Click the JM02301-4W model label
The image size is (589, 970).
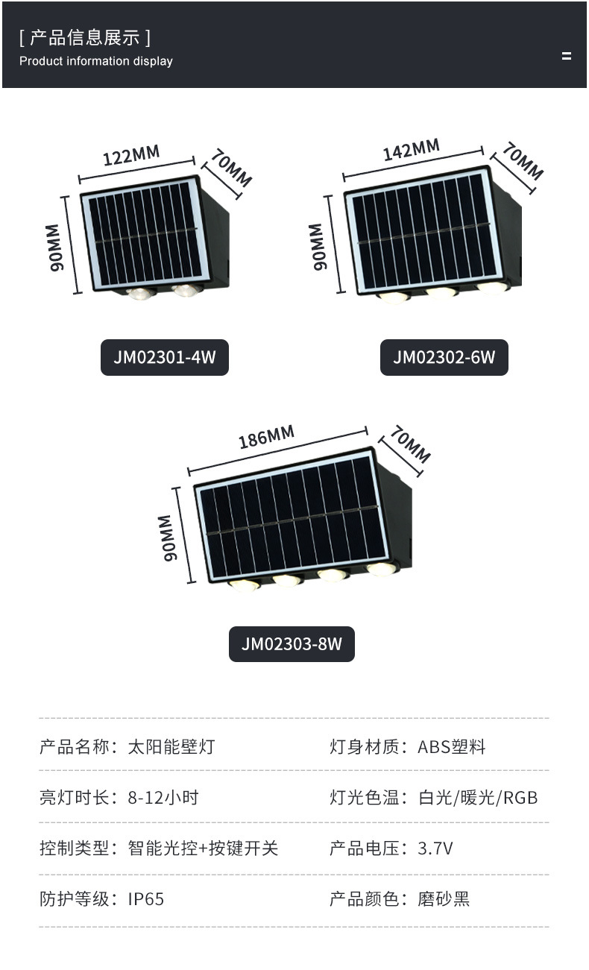[164, 357]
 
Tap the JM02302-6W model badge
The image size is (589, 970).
[444, 357]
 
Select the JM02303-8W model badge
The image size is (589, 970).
[292, 643]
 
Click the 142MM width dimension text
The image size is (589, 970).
[411, 150]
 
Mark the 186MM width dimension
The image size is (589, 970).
[266, 437]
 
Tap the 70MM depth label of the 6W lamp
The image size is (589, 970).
[522, 160]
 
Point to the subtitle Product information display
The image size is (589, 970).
[96, 61]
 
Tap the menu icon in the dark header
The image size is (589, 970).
[567, 56]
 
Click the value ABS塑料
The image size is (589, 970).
[452, 746]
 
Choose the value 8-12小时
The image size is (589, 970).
[163, 797]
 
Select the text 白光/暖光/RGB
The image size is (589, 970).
[478, 797]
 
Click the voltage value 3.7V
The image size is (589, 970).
[435, 848]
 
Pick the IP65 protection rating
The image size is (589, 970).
[146, 898]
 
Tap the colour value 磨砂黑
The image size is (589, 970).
[444, 898]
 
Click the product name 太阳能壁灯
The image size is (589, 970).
[171, 746]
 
